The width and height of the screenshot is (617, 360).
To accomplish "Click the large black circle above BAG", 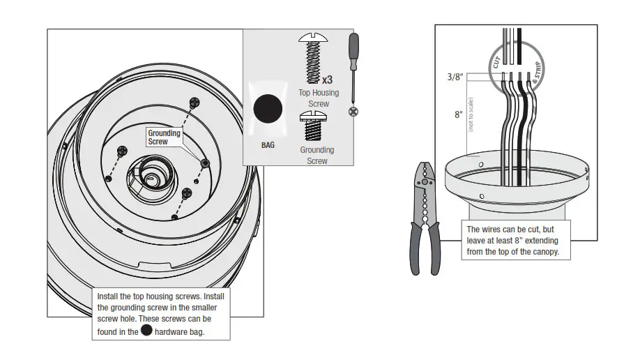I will coord(268,110).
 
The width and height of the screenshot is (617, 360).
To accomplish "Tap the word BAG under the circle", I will coord(268,146).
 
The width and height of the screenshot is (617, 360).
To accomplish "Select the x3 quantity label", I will coord(326,80).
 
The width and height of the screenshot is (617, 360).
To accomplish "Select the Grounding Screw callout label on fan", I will coord(164,137).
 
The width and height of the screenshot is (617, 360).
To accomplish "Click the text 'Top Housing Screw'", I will coord(318,98).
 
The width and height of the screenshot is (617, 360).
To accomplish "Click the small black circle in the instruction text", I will coord(146,331).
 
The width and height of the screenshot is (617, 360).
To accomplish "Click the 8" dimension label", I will coord(458,114).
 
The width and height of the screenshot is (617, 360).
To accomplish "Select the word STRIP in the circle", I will coord(538,73).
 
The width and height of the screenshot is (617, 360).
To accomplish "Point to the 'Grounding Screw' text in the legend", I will coord(317,155).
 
